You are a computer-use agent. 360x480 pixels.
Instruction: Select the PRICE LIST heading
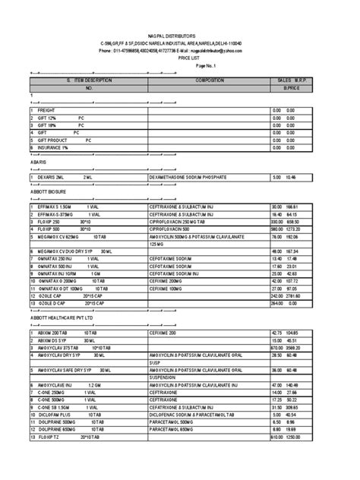pyautogui.click(x=180, y=57)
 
